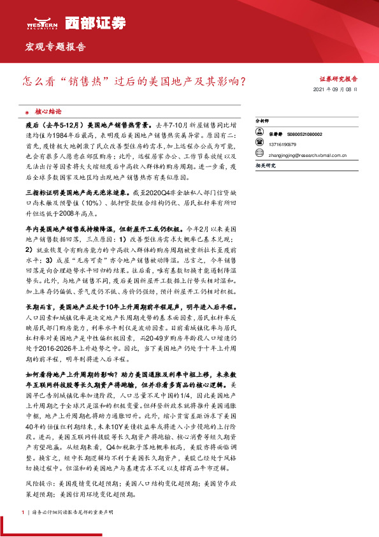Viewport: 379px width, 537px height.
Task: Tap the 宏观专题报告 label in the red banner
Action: click(x=55, y=48)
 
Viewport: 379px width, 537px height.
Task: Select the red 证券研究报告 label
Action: click(x=338, y=80)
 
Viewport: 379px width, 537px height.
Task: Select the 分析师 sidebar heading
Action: click(x=262, y=120)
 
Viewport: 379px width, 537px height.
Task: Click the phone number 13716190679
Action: click(x=282, y=144)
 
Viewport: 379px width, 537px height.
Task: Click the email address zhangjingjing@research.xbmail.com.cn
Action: click(x=306, y=154)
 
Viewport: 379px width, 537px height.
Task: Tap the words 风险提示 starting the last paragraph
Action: click(x=38, y=483)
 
